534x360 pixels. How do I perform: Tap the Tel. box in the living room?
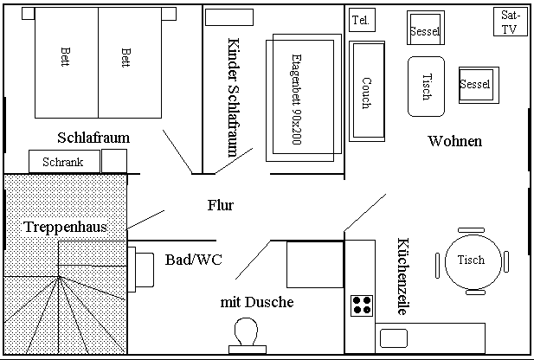361,21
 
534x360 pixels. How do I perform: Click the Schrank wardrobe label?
62,162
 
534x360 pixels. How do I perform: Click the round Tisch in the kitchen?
471,260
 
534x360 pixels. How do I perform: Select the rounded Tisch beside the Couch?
426,87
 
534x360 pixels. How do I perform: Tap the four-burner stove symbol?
362,305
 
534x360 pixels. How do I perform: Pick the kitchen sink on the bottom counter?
393,337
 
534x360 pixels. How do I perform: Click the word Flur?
221,206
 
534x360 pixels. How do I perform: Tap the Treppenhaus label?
66,227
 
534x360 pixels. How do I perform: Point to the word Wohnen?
455,141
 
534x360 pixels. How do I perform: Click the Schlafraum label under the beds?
93,138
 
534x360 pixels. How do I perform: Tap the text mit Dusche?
257,302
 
